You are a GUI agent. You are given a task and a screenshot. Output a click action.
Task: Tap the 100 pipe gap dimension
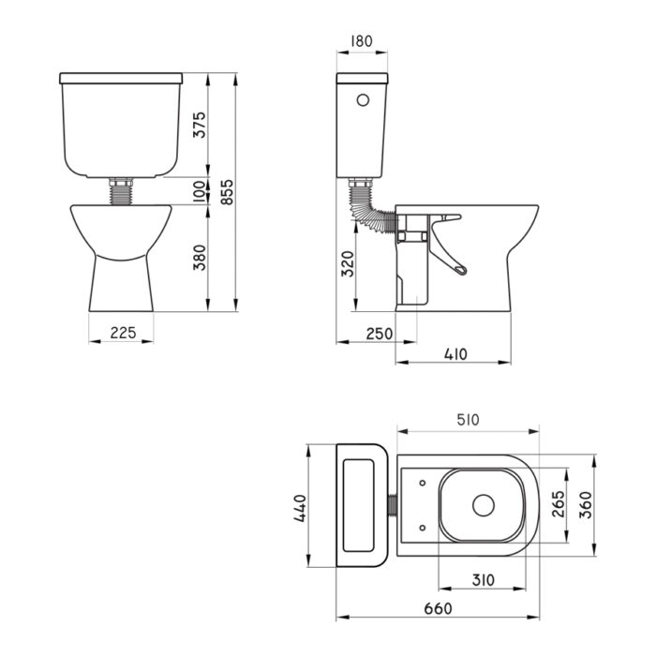click(x=199, y=191)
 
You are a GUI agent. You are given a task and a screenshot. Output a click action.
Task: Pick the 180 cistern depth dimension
click(x=362, y=41)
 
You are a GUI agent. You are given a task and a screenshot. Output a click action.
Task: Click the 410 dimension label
click(x=455, y=354)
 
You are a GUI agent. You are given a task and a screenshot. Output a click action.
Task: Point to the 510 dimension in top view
click(x=468, y=420)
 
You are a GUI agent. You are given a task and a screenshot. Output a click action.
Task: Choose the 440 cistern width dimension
click(x=299, y=506)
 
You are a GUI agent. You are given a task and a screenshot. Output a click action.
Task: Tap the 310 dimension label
click(x=484, y=581)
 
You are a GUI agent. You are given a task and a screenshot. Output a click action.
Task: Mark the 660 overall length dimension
click(x=437, y=608)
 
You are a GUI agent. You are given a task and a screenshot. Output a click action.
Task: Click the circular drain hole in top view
click(x=483, y=506)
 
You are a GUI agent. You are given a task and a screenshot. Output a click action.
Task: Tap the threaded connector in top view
click(x=392, y=506)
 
